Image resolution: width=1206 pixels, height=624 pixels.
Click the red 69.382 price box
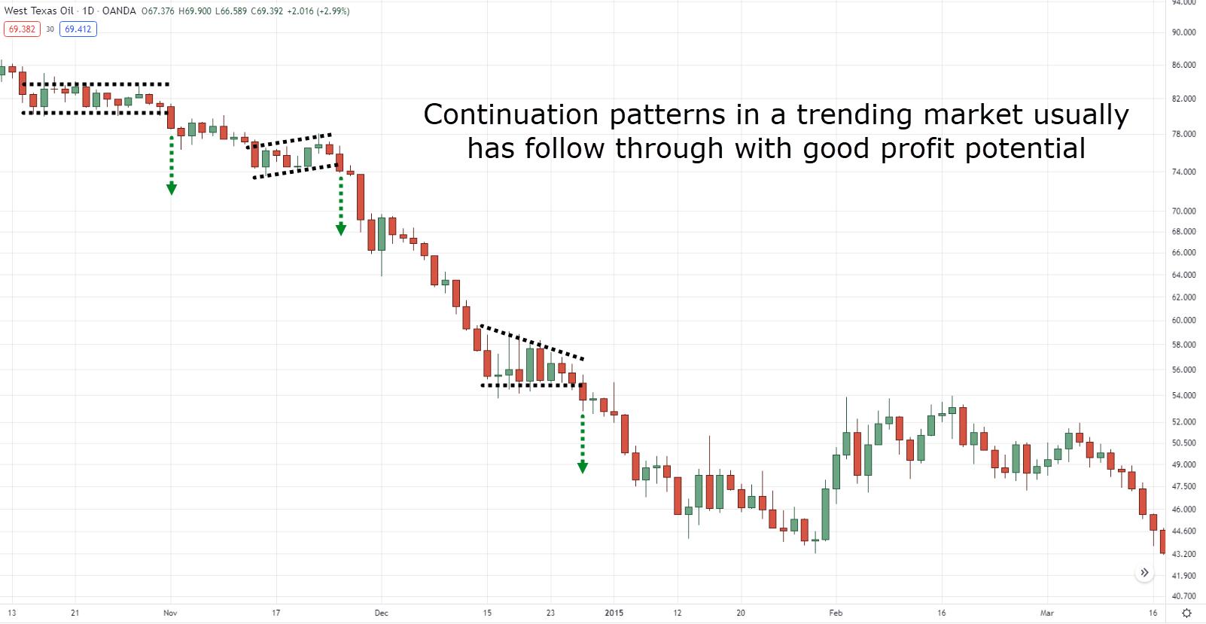[x=22, y=29]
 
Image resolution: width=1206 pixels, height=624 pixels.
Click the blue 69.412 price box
[x=78, y=29]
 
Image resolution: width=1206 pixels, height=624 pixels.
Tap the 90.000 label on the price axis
[x=1183, y=32]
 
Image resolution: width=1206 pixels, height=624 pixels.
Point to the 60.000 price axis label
[x=1183, y=321]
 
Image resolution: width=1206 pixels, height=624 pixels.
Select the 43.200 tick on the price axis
[x=1183, y=554]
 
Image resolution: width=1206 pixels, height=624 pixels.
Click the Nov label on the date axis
[x=170, y=613]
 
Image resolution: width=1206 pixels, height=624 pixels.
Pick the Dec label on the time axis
[x=382, y=613]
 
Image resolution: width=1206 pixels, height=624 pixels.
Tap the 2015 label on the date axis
[x=614, y=613]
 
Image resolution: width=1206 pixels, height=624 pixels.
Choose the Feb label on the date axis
[x=836, y=613]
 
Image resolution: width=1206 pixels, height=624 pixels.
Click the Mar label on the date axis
[x=1046, y=613]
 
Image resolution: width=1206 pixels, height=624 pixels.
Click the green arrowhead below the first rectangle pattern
[x=172, y=189]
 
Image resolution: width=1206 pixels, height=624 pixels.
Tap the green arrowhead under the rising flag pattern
[x=341, y=230]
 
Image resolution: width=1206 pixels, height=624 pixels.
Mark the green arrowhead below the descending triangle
[x=583, y=467]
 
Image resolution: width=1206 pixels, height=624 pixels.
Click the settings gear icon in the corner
[x=1186, y=613]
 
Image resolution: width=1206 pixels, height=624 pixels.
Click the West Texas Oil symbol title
[x=39, y=11]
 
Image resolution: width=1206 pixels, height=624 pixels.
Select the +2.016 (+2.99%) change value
[x=318, y=11]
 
